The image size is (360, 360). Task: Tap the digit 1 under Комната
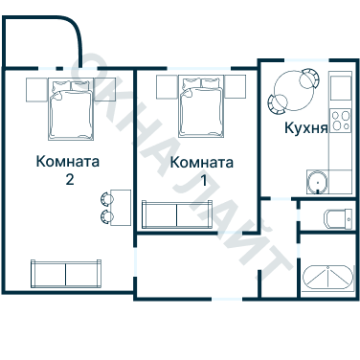(x=202, y=180)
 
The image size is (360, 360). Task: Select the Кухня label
(x=306, y=126)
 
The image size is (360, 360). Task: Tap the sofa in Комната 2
(x=65, y=274)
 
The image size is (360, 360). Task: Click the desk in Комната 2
(x=119, y=206)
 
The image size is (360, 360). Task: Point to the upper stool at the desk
(x=102, y=197)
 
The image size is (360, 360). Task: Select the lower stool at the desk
(x=102, y=215)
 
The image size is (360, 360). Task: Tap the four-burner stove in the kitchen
(x=340, y=89)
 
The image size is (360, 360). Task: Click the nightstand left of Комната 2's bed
(x=35, y=90)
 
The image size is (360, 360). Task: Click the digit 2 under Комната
(x=67, y=178)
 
